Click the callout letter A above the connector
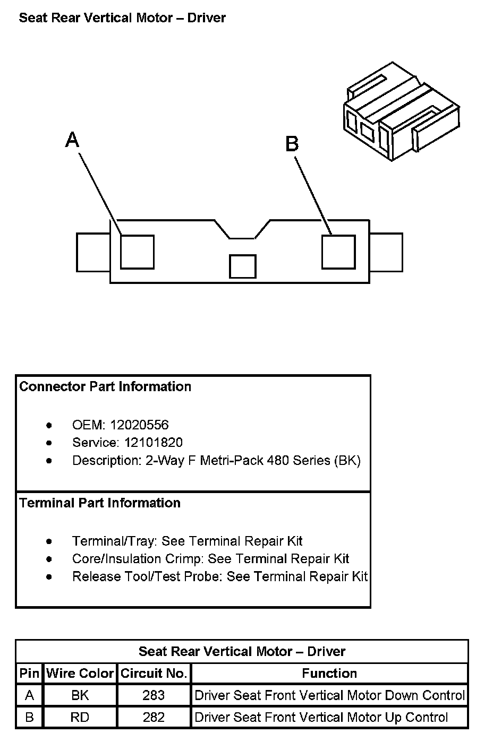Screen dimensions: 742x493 click(72, 140)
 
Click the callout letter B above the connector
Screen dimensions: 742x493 click(292, 144)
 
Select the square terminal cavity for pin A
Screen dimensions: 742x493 click(137, 252)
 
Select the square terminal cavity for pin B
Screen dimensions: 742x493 click(338, 252)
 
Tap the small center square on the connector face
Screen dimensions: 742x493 click(242, 266)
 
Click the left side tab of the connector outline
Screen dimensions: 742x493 click(93, 252)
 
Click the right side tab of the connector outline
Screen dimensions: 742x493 click(386, 252)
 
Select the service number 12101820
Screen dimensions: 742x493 click(154, 443)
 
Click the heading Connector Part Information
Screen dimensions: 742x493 click(105, 386)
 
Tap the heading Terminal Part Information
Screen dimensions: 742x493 click(100, 503)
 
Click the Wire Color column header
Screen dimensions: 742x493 click(80, 674)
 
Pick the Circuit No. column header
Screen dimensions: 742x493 click(154, 674)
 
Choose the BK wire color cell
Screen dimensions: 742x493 click(80, 695)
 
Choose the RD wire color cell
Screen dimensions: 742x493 click(80, 718)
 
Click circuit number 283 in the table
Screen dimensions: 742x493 click(154, 695)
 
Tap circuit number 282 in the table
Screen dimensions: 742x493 click(154, 718)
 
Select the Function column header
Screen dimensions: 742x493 click(329, 674)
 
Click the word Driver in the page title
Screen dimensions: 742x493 click(207, 18)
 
